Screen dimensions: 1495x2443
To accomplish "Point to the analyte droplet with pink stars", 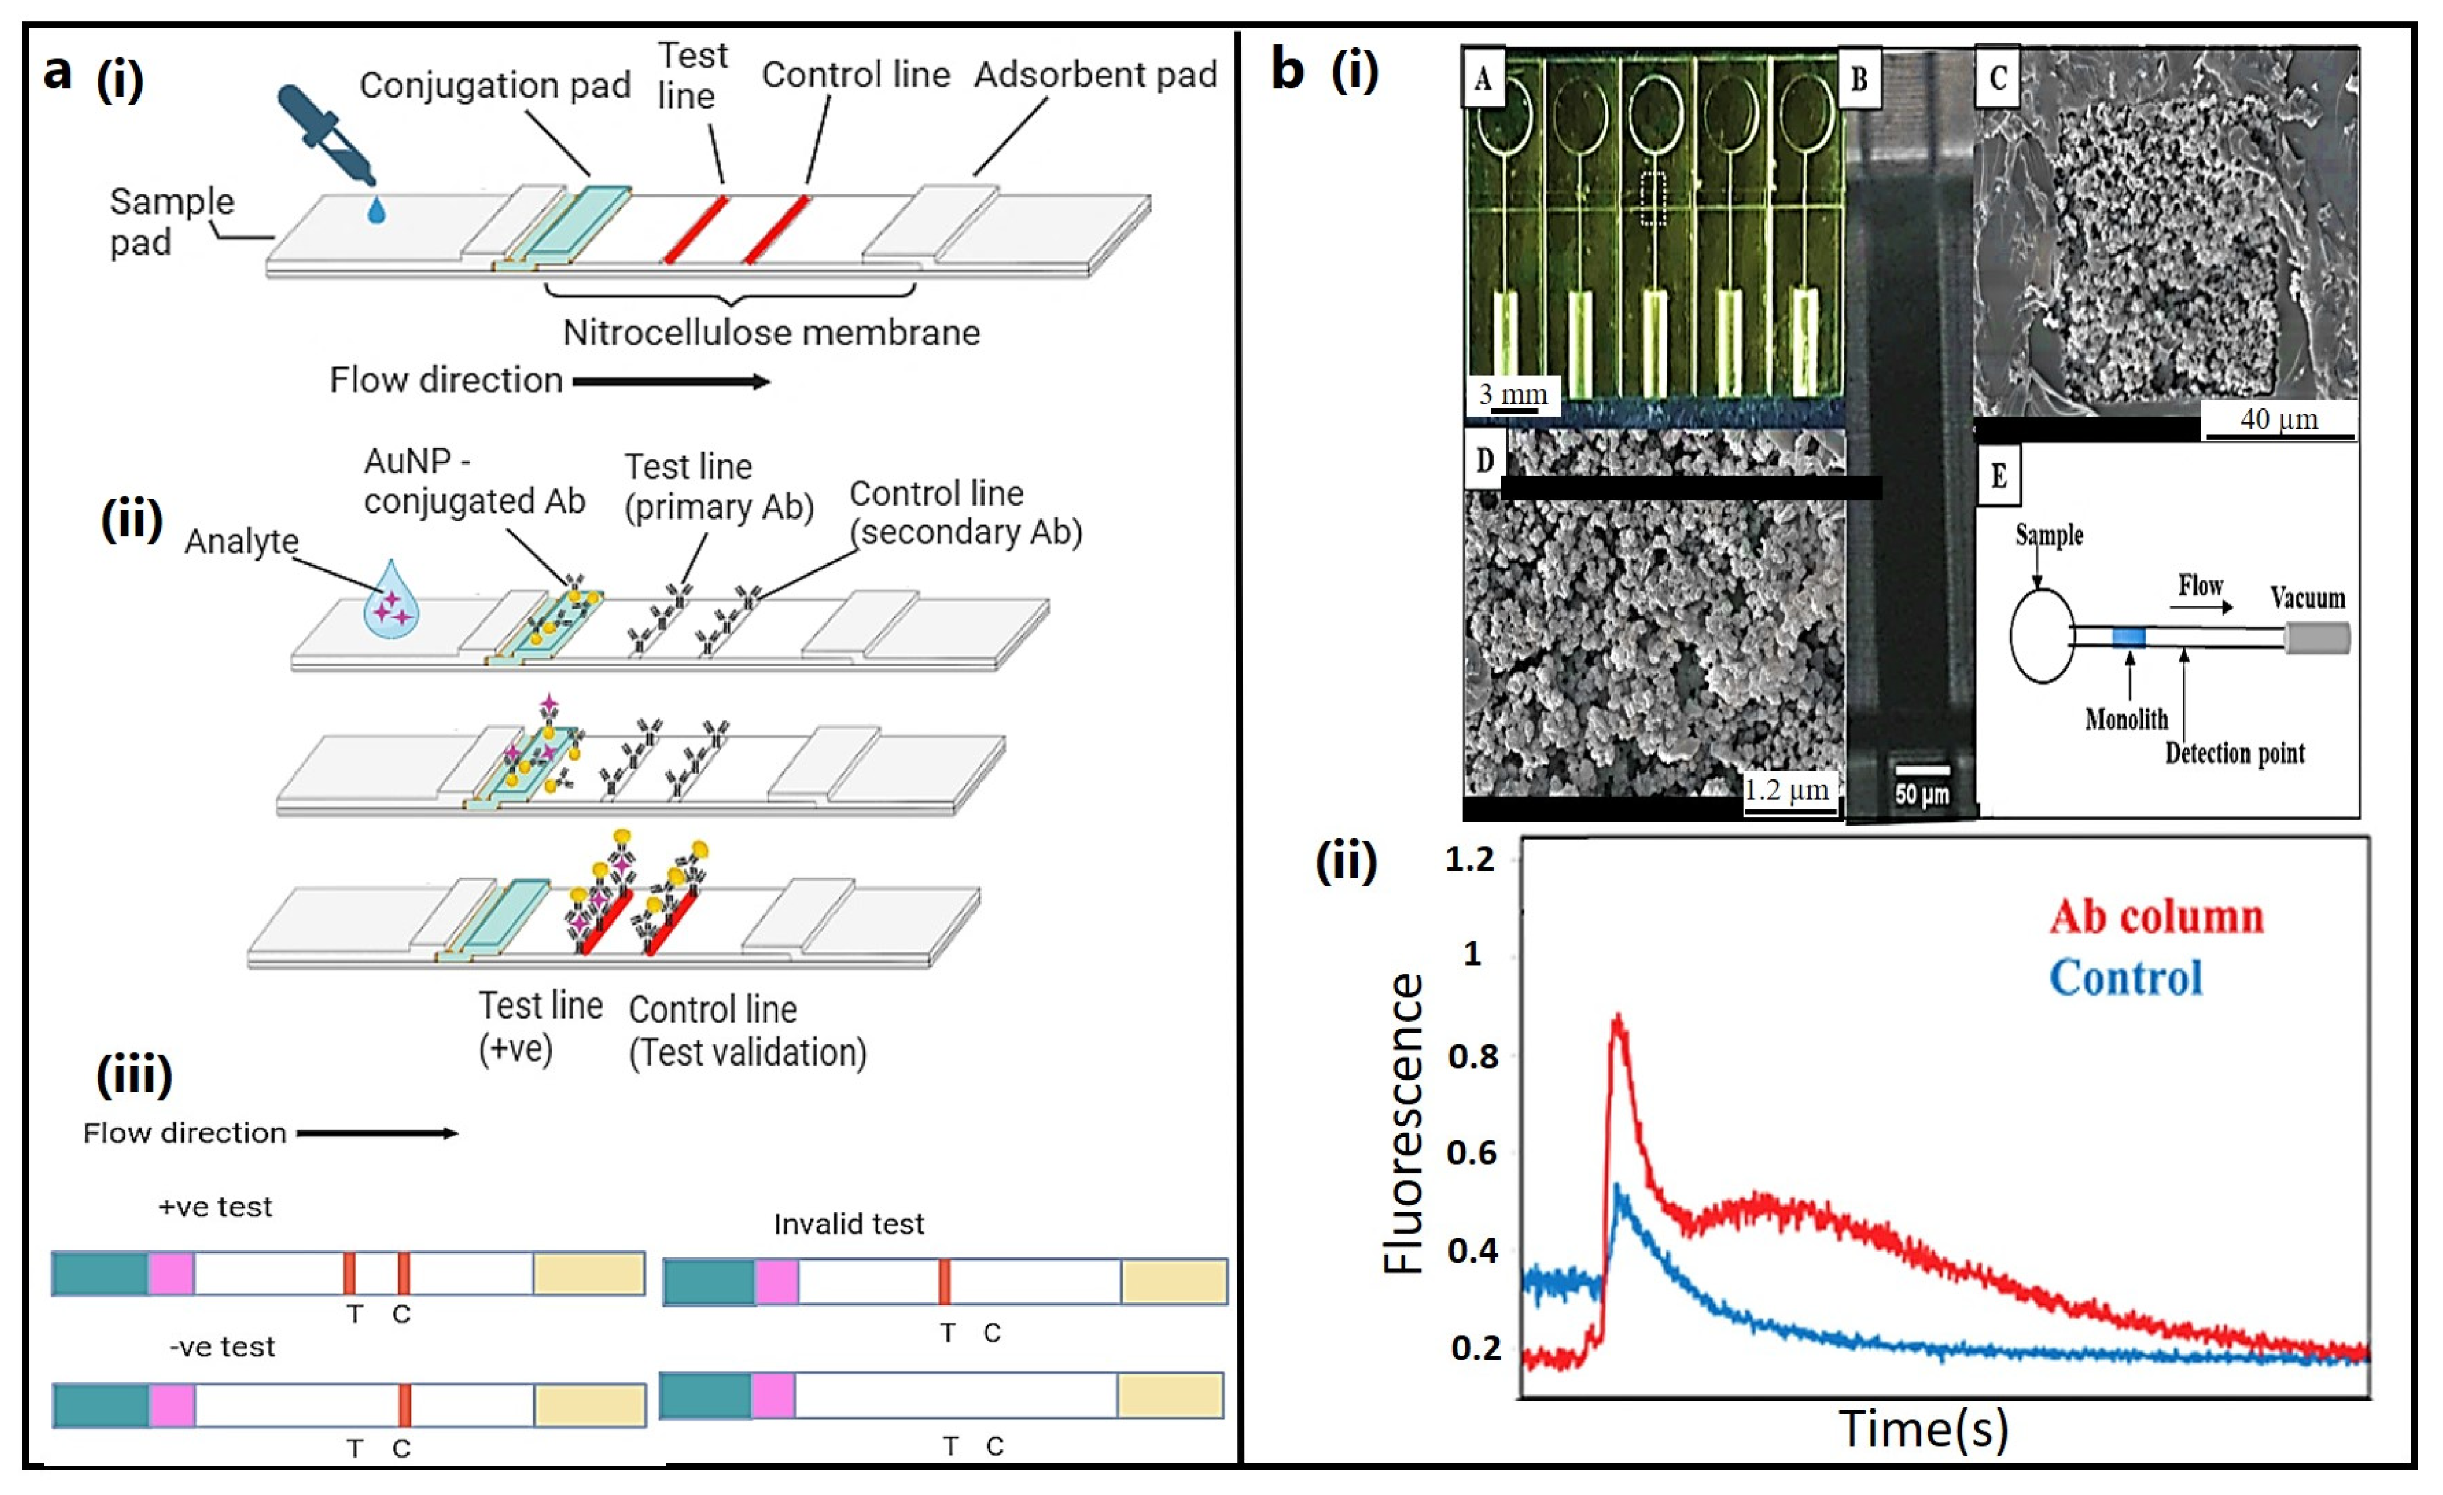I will [391, 602].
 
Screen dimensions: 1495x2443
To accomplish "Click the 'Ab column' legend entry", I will [2156, 917].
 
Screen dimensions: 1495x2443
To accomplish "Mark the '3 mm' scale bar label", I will [1512, 394].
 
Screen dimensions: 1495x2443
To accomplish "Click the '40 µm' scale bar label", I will [2279, 420].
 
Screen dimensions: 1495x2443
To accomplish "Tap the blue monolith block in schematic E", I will [2129, 637].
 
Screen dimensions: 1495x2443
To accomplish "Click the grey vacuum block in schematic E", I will [2317, 637].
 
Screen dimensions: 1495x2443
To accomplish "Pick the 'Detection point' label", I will [2234, 754].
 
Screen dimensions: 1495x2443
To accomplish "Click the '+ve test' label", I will [215, 1207].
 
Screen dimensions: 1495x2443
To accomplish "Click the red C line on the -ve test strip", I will [404, 1405].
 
